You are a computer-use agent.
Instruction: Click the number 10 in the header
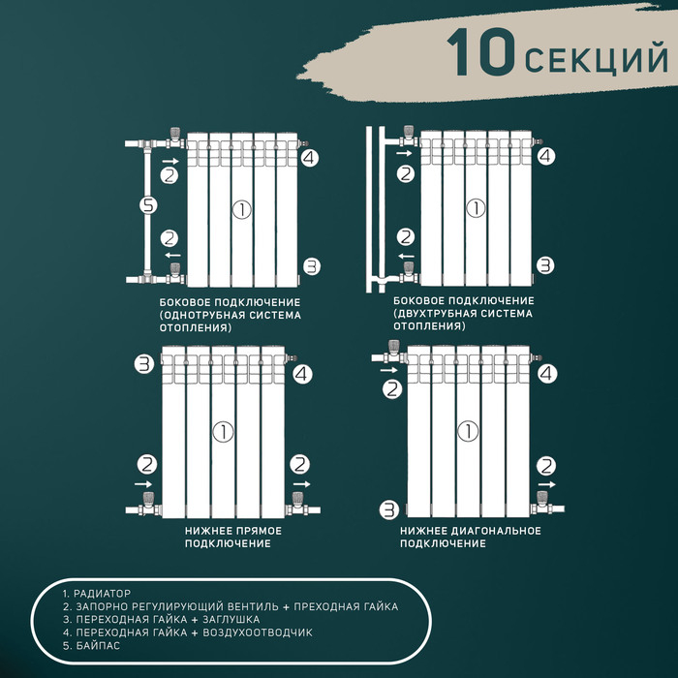481,53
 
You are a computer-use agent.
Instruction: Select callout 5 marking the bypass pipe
147,205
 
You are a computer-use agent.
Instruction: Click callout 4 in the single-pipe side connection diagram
309,158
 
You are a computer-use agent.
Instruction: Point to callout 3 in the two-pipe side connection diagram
545,264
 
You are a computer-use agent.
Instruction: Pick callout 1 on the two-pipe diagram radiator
475,207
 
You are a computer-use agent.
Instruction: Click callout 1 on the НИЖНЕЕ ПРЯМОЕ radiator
224,431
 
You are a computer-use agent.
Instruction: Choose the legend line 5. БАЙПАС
91,645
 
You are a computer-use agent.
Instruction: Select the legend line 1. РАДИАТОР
96,593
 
